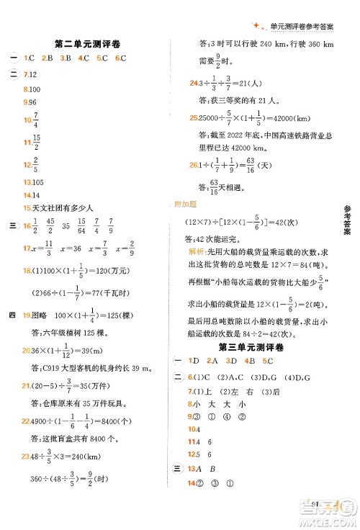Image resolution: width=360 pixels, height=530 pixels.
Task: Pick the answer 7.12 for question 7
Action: coord(30,75)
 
